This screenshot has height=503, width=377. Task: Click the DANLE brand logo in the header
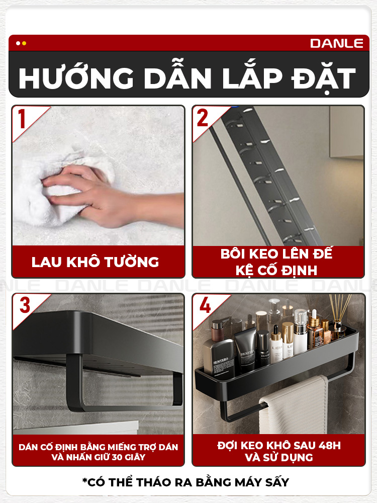(x=336, y=43)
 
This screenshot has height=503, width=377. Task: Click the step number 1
(x=22, y=119)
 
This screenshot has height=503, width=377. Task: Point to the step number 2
(x=202, y=118)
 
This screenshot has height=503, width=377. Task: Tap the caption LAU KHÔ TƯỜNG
(x=95, y=262)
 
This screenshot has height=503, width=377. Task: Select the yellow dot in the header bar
(x=24, y=43)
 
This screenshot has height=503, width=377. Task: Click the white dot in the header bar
(x=18, y=43)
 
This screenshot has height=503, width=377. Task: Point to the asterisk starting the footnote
(x=84, y=480)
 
